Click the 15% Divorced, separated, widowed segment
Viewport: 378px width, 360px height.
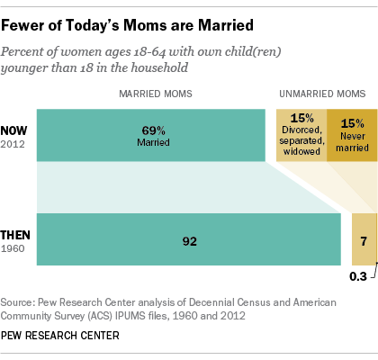301,135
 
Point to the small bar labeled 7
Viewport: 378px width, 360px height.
361,240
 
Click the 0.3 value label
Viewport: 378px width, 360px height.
358,276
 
